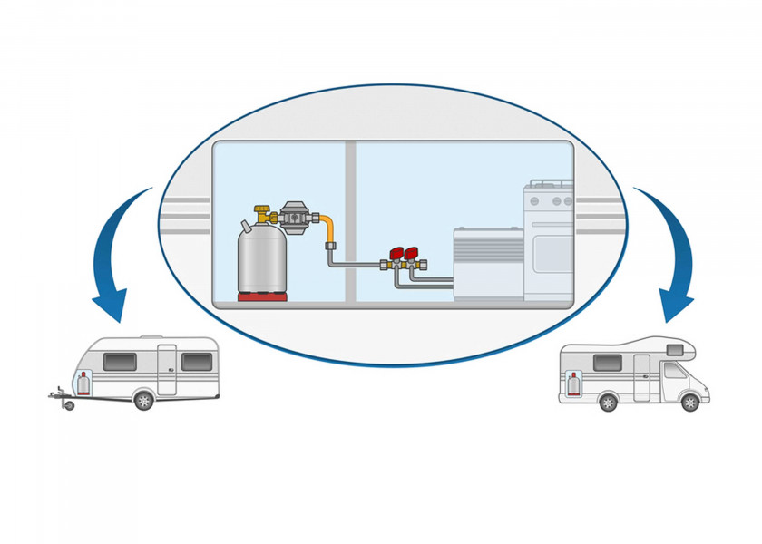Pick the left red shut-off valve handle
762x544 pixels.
tap(396, 254)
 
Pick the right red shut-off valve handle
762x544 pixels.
tap(411, 254)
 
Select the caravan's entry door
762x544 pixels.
tap(167, 369)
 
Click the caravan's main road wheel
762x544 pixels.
tap(143, 400)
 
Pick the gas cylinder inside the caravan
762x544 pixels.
tap(83, 382)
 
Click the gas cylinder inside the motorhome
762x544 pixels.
tap(574, 384)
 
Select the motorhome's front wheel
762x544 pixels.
tap(690, 402)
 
